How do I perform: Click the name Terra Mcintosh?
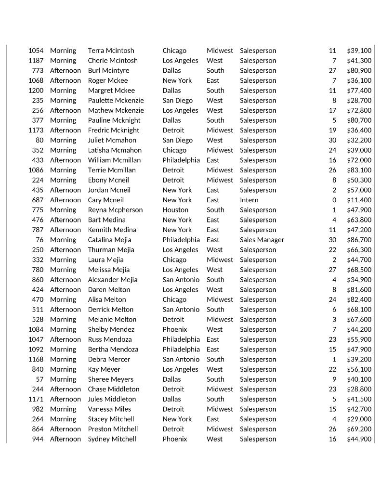[111, 51]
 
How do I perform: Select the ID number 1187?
[36, 61]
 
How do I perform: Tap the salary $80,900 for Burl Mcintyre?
[359, 70]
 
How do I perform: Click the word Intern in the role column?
[249, 200]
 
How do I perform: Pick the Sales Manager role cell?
[262, 240]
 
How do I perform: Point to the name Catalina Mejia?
[109, 240]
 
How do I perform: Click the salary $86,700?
[359, 240]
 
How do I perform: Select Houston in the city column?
[175, 210]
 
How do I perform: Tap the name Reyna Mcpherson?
[115, 210]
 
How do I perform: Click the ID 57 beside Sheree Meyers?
[39, 379]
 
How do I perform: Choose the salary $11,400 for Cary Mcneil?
[359, 200]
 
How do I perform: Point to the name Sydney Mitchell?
[112, 439]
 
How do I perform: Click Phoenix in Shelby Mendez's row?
[175, 329]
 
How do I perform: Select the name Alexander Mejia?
[112, 280]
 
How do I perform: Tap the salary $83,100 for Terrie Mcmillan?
[359, 170]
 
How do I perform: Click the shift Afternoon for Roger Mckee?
[66, 80]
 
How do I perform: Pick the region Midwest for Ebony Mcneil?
[220, 180]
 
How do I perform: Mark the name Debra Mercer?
[109, 359]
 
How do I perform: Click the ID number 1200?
[36, 91]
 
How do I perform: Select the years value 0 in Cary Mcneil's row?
[334, 200]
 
